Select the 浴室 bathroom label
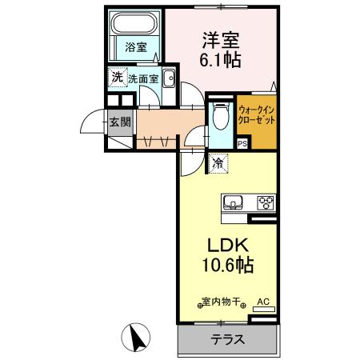[135, 47]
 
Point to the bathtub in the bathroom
[135, 24]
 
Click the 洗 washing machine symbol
[117, 78]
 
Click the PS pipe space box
[242, 144]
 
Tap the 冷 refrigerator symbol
[218, 162]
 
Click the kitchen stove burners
[264, 202]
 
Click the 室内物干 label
[220, 302]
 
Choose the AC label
[262, 302]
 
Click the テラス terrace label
[227, 340]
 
